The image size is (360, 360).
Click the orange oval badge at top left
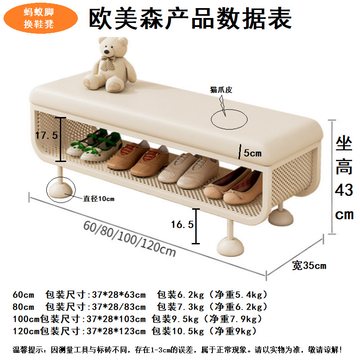tap(40, 18)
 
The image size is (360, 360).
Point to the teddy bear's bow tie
tap(108, 63)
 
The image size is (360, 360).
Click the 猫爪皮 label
tap(221, 90)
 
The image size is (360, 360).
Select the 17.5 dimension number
tap(46, 135)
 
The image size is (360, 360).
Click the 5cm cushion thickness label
tap(252, 153)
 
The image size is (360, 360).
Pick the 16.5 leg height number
tap(182, 224)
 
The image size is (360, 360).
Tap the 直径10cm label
tap(99, 198)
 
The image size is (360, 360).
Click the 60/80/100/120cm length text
tap(130, 239)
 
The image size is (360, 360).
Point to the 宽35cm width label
tap(309, 265)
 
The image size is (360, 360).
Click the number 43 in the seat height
tap(344, 190)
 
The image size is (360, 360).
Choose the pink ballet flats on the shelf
tap(233, 186)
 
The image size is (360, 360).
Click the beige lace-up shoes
tap(188, 171)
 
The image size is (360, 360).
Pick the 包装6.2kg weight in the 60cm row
tap(180, 295)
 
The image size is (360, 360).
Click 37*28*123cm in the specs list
tap(116, 331)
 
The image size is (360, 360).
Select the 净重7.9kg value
tap(236, 319)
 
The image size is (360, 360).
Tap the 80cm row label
tap(23, 307)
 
